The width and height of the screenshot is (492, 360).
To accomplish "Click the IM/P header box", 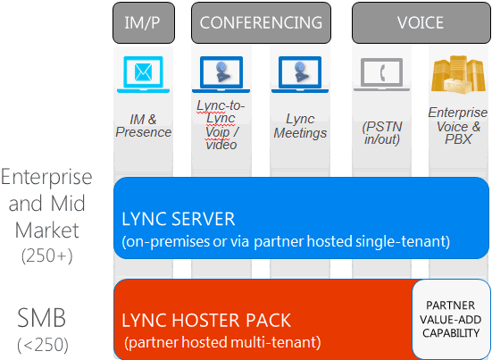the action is pyautogui.click(x=144, y=23).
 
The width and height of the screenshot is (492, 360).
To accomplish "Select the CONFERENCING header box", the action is pyautogui.click(x=261, y=23).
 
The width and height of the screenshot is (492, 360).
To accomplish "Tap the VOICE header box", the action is pyautogui.click(x=421, y=23).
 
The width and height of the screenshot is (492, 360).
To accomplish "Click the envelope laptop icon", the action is pyautogui.click(x=144, y=75).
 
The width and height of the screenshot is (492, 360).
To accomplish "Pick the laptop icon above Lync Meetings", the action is pyautogui.click(x=300, y=75).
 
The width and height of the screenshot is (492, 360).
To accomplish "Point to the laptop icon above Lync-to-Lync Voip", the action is pyautogui.click(x=221, y=75).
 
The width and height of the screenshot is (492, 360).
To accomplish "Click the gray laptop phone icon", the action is pyautogui.click(x=382, y=75).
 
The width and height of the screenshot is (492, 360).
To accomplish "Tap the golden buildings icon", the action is pyautogui.click(x=458, y=75).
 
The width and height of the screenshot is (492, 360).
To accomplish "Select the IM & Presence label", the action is pyautogui.click(x=144, y=126).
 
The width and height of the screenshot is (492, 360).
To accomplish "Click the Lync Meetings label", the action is pyautogui.click(x=300, y=126).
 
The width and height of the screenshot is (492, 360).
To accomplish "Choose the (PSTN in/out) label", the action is pyautogui.click(x=382, y=133).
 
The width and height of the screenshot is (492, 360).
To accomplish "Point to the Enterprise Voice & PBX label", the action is pyautogui.click(x=458, y=126).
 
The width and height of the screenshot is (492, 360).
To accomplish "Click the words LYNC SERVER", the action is pyautogui.click(x=179, y=219).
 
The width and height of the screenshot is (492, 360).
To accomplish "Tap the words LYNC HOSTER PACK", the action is pyautogui.click(x=206, y=320).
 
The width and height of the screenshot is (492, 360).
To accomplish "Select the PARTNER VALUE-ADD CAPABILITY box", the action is pyautogui.click(x=451, y=319).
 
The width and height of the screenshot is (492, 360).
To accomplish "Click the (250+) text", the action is pyautogui.click(x=47, y=255).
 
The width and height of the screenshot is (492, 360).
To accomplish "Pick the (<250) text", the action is pyautogui.click(x=43, y=345).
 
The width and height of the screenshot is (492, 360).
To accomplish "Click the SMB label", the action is pyautogui.click(x=42, y=318).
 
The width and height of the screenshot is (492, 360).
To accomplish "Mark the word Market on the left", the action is pyautogui.click(x=47, y=230).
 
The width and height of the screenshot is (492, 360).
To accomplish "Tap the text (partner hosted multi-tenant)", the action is pyautogui.click(x=222, y=342).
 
